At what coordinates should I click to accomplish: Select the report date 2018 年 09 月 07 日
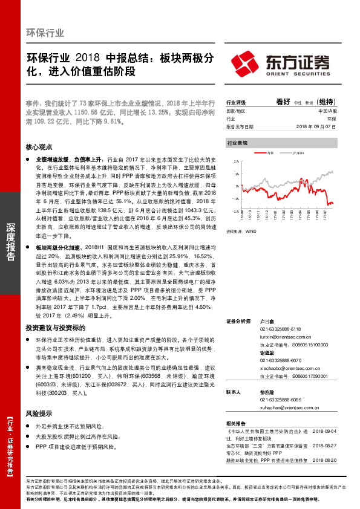pos(315,127)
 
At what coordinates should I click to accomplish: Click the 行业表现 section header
pos(237,144)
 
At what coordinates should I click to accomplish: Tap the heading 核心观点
pos(39,147)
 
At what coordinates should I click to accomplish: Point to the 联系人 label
pos(233,392)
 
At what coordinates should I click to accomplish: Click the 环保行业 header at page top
pos(45,33)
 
